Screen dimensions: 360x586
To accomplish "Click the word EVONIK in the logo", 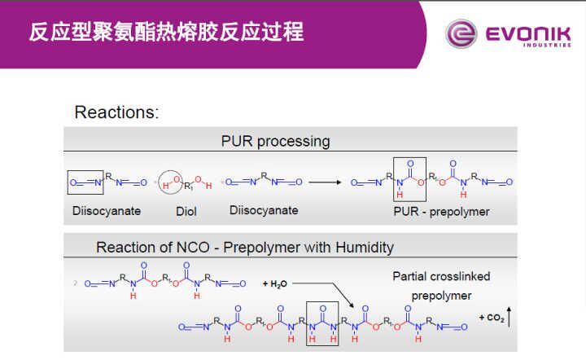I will point(522,33).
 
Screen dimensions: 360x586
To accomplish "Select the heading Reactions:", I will point(116,112).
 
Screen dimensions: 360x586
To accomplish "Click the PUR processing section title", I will point(275,141).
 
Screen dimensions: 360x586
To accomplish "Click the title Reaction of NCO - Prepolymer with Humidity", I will point(244,247).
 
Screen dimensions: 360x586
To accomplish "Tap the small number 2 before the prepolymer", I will point(75,283).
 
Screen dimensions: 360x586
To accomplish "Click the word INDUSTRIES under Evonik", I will point(536,46).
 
